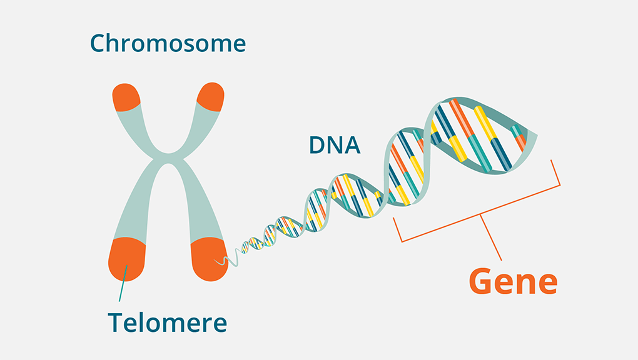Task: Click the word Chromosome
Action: point(168,43)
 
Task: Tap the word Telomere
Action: point(167,322)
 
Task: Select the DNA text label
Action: point(335,145)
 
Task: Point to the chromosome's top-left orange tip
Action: point(128,97)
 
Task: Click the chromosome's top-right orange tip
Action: point(210,97)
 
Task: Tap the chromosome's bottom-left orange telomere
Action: point(127,259)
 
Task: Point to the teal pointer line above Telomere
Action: point(123,284)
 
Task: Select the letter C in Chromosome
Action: point(98,43)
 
